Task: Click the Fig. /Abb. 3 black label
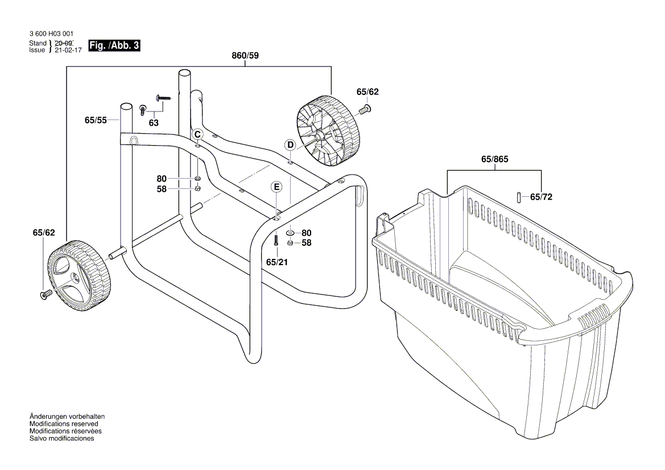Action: coord(114,46)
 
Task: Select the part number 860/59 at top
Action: coord(246,56)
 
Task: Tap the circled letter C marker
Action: coord(197,134)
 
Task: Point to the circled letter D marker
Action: coord(291,145)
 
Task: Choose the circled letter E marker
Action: coord(276,187)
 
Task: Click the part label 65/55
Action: coord(96,120)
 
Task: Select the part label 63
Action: coord(154,123)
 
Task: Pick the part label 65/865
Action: coord(494,160)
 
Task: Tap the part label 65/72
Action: coord(541,197)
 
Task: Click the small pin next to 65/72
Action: coord(519,196)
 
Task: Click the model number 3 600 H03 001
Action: coord(51,34)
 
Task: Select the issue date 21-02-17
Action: coord(68,50)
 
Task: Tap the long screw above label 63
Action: coord(163,99)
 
